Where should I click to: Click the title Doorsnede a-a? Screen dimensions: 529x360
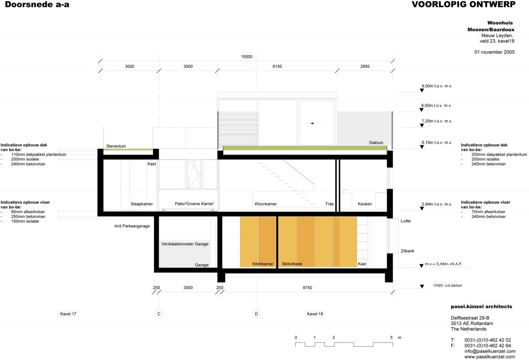click(37, 4)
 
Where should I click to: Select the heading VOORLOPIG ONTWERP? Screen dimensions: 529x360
click(463, 4)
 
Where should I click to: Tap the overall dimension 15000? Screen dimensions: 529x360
click(247, 57)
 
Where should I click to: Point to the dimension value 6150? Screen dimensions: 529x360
click(277, 67)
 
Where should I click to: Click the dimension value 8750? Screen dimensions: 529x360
click(307, 287)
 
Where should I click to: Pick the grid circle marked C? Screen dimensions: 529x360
click(159, 314)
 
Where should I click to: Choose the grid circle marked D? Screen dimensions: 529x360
click(257, 314)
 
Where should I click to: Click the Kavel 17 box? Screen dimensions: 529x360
click(68, 314)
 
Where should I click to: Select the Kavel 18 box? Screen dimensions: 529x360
click(315, 314)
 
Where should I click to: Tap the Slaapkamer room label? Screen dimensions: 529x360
click(142, 204)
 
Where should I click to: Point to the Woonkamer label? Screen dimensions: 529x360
click(266, 204)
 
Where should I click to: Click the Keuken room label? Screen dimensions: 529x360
click(364, 204)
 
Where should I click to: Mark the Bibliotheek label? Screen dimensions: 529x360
click(292, 264)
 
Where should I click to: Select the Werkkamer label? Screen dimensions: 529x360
click(262, 264)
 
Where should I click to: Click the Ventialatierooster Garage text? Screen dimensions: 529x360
click(185, 244)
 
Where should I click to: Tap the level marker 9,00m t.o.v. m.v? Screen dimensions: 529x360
click(436, 86)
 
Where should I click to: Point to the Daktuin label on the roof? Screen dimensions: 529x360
click(376, 142)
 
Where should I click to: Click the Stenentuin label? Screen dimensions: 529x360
click(116, 146)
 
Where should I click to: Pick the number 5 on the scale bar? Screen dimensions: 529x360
click(391, 337)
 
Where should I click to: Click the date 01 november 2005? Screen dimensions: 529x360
click(494, 52)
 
